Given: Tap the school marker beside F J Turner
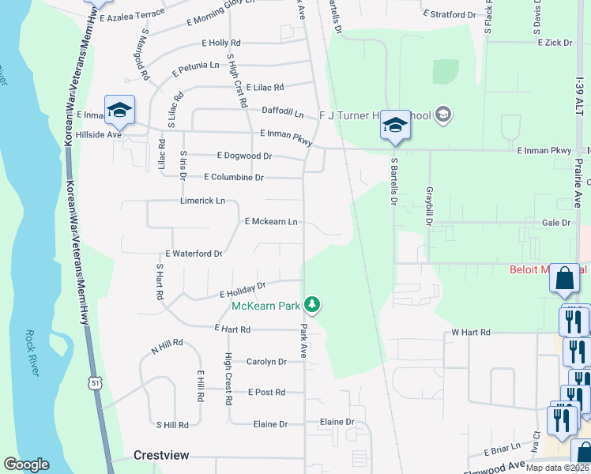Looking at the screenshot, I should (395, 126).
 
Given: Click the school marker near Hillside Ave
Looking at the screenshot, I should (119, 111).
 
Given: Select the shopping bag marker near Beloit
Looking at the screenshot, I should (564, 279).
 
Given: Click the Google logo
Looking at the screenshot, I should (26, 465).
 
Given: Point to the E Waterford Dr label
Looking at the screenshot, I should (194, 254).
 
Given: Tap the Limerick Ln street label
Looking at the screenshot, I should (203, 201).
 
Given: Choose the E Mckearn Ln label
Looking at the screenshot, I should (271, 222).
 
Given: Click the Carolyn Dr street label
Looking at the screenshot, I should (266, 362).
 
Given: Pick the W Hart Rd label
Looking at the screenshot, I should (471, 333).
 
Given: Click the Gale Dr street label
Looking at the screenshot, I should (556, 224).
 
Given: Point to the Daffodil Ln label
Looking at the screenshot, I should (283, 115).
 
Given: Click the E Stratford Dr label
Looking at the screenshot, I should (450, 14).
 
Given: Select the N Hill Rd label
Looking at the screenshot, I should (167, 344).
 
